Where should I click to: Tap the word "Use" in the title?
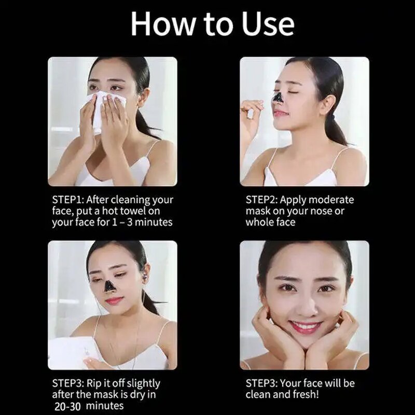[x=266, y=23]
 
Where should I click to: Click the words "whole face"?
[x=270, y=223]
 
